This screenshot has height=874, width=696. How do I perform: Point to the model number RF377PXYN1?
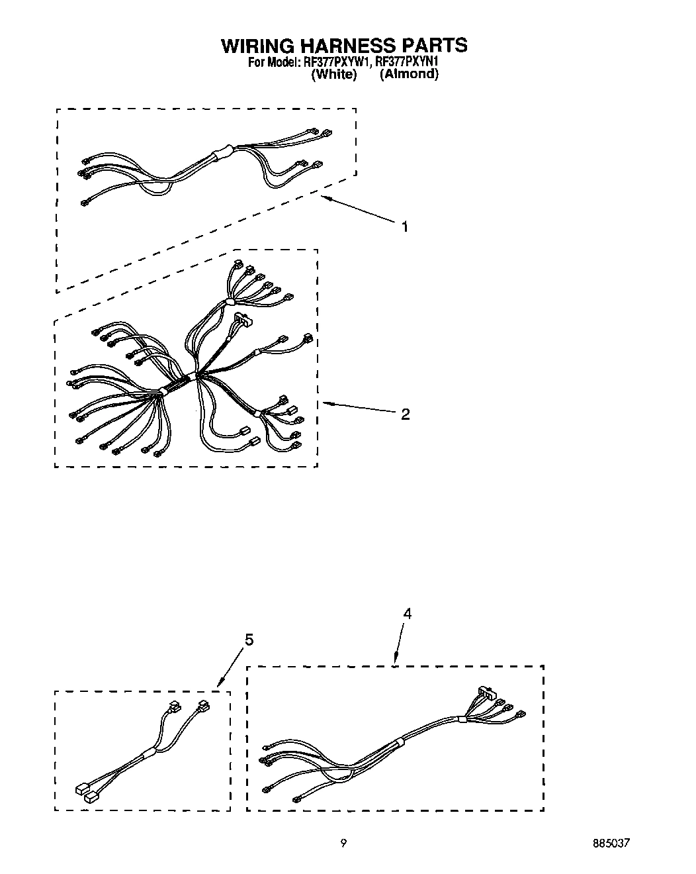(x=407, y=62)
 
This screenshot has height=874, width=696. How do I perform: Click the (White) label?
(x=333, y=74)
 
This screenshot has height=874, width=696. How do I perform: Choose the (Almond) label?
(x=409, y=74)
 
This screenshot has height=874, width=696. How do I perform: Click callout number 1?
(x=404, y=227)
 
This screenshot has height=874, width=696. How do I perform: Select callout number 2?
(x=405, y=414)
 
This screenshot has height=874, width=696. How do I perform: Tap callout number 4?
(x=407, y=614)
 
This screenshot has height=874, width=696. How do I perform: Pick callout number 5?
(x=249, y=640)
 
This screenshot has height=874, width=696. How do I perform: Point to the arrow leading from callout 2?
(x=361, y=407)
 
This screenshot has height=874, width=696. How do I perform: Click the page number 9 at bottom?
(x=343, y=843)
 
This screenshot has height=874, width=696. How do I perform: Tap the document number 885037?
(x=611, y=844)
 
